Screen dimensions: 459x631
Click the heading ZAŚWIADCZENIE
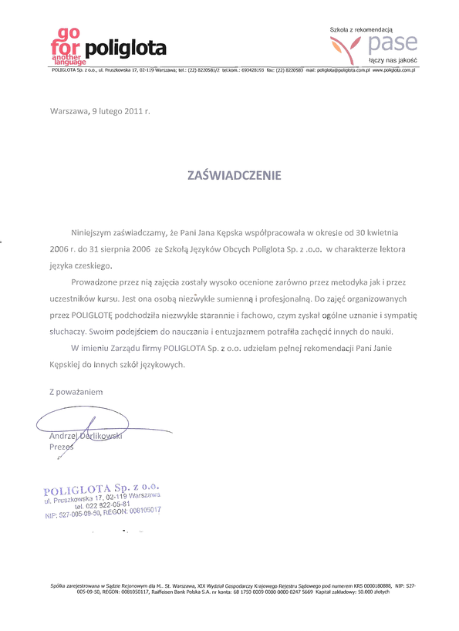235,175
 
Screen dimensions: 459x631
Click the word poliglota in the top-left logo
126,50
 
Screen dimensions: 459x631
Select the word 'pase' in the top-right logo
393,43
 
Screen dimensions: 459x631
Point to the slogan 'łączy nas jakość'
393,59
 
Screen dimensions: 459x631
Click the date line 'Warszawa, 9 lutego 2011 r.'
100,111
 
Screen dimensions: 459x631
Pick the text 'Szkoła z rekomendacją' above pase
361,29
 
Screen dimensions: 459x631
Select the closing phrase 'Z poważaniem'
76,392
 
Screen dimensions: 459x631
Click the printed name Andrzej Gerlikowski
86,436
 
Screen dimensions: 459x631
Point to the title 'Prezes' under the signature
61,447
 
